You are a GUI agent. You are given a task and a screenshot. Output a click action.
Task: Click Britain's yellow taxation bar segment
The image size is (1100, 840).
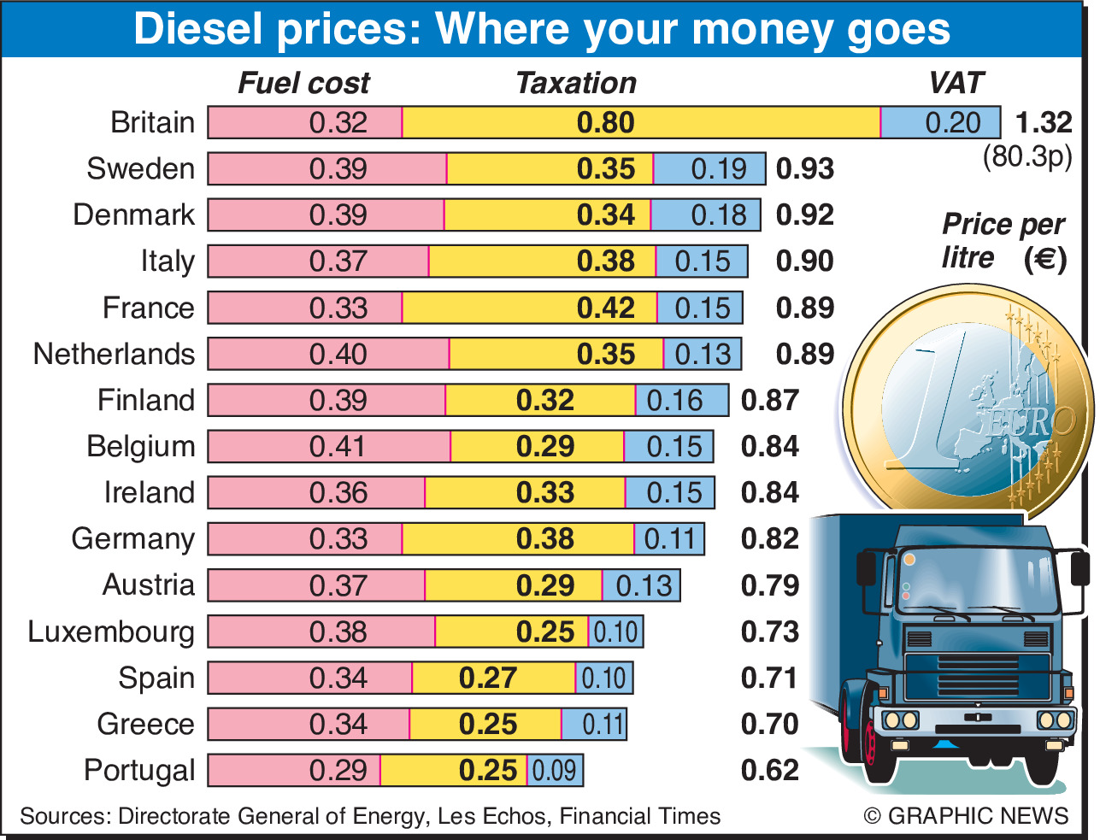click(641, 122)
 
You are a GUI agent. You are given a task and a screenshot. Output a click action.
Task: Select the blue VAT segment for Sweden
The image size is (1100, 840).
click(709, 169)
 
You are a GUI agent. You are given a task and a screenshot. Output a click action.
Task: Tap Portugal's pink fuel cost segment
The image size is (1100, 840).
click(294, 770)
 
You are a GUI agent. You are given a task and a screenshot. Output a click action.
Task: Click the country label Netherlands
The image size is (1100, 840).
click(114, 354)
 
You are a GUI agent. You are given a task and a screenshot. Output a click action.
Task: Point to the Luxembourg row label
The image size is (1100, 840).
click(111, 631)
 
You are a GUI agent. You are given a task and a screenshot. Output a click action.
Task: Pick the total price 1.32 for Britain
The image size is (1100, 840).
click(1043, 122)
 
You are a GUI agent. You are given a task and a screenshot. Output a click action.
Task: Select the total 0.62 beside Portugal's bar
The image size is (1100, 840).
click(769, 770)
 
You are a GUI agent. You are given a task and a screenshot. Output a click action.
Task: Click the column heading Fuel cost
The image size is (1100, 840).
click(303, 83)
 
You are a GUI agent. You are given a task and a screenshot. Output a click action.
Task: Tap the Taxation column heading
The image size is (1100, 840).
click(576, 83)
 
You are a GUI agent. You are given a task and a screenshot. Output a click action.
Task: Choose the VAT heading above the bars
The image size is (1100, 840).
click(956, 83)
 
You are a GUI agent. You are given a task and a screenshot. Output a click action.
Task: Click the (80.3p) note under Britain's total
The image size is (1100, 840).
click(1027, 156)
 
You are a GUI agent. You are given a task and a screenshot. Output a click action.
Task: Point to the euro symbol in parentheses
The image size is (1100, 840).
click(1045, 258)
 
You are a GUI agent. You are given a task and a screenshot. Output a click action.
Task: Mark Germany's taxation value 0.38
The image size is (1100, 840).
click(545, 539)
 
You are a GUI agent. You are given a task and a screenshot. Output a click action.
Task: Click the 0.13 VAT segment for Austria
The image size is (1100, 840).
click(642, 585)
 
